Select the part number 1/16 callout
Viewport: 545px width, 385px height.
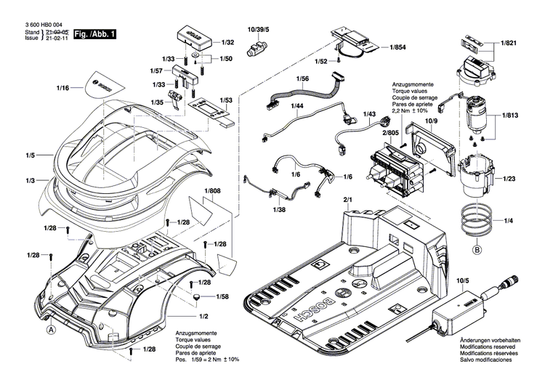point(63,88)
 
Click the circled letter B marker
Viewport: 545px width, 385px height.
point(477,251)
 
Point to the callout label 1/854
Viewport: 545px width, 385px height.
point(397,47)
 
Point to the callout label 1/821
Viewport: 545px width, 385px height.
point(509,44)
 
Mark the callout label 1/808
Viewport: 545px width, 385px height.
point(212,192)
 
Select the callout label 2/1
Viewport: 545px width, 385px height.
point(347,199)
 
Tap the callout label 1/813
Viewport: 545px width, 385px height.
point(509,115)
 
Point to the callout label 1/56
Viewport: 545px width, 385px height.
point(302,78)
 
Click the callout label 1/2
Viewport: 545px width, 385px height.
point(204,317)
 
